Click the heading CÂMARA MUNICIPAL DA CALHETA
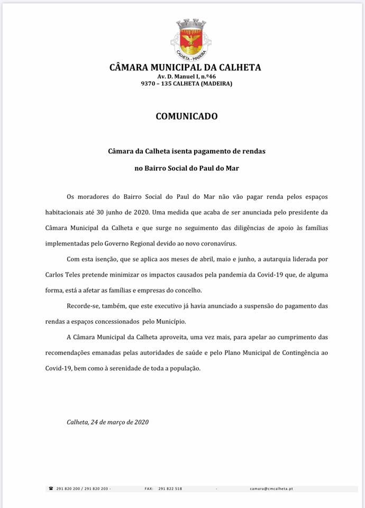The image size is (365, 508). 185,68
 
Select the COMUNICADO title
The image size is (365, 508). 186,116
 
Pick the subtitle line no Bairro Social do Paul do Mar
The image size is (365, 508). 187,169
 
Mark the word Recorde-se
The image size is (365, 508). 82,306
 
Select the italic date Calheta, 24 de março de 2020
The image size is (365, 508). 108,422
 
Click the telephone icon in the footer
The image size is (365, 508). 51,488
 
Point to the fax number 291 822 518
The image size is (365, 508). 170,489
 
